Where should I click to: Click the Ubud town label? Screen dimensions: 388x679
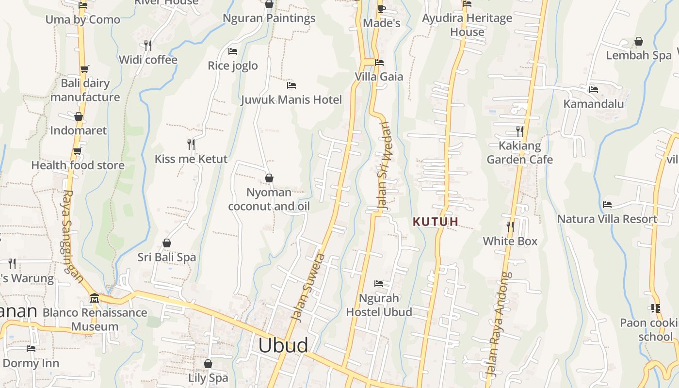click(x=283, y=345)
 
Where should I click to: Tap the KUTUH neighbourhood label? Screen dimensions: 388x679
click(x=435, y=222)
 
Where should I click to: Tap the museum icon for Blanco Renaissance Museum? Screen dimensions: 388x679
click(x=95, y=298)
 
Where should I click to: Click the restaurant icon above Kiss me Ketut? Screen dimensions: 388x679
click(x=191, y=144)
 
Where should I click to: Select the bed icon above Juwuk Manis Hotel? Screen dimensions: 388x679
click(x=291, y=85)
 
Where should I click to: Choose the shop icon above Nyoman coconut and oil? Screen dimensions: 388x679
click(x=269, y=178)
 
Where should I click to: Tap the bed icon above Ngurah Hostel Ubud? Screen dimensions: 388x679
click(x=379, y=283)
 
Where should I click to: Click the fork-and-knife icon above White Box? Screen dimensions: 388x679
click(x=510, y=226)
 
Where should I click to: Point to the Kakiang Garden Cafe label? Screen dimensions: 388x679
click(x=519, y=152)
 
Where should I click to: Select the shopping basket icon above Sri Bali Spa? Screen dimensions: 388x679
click(x=166, y=242)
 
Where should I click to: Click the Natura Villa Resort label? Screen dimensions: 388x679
click(x=607, y=219)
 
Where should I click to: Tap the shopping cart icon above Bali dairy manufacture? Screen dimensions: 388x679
click(x=84, y=69)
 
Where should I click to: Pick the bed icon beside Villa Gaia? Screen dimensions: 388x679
click(x=379, y=62)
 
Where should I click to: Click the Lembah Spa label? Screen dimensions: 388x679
click(x=639, y=55)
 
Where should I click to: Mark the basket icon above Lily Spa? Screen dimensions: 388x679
click(x=208, y=363)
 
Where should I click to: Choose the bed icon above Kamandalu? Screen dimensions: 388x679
click(x=593, y=89)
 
